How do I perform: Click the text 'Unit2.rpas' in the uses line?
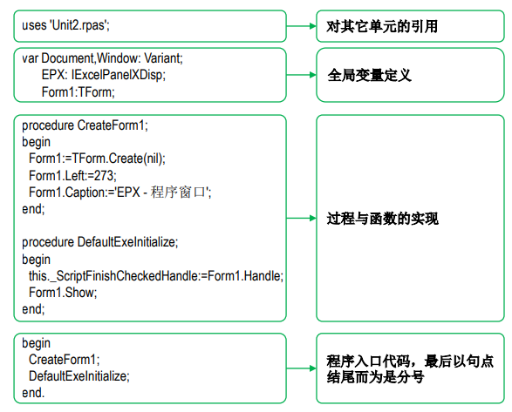(x=79, y=25)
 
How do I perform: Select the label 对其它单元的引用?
(x=382, y=26)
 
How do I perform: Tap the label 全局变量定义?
(x=369, y=75)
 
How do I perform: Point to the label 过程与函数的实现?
(x=382, y=219)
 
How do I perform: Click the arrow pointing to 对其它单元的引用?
(x=302, y=26)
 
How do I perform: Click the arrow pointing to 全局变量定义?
(x=302, y=75)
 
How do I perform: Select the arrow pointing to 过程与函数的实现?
(x=302, y=219)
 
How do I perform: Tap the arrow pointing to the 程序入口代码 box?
(x=302, y=368)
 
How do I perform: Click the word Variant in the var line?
(x=162, y=58)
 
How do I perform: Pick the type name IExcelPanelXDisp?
(x=117, y=75)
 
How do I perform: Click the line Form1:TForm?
(x=78, y=92)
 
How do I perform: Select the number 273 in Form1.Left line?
(x=104, y=175)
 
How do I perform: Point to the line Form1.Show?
(x=63, y=293)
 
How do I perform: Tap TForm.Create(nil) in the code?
(x=117, y=159)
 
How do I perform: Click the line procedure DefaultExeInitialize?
(x=100, y=242)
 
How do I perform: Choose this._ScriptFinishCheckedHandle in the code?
(x=113, y=276)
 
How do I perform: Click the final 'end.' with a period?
(x=33, y=393)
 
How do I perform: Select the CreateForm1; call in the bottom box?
(x=64, y=360)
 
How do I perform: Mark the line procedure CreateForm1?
(x=85, y=125)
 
